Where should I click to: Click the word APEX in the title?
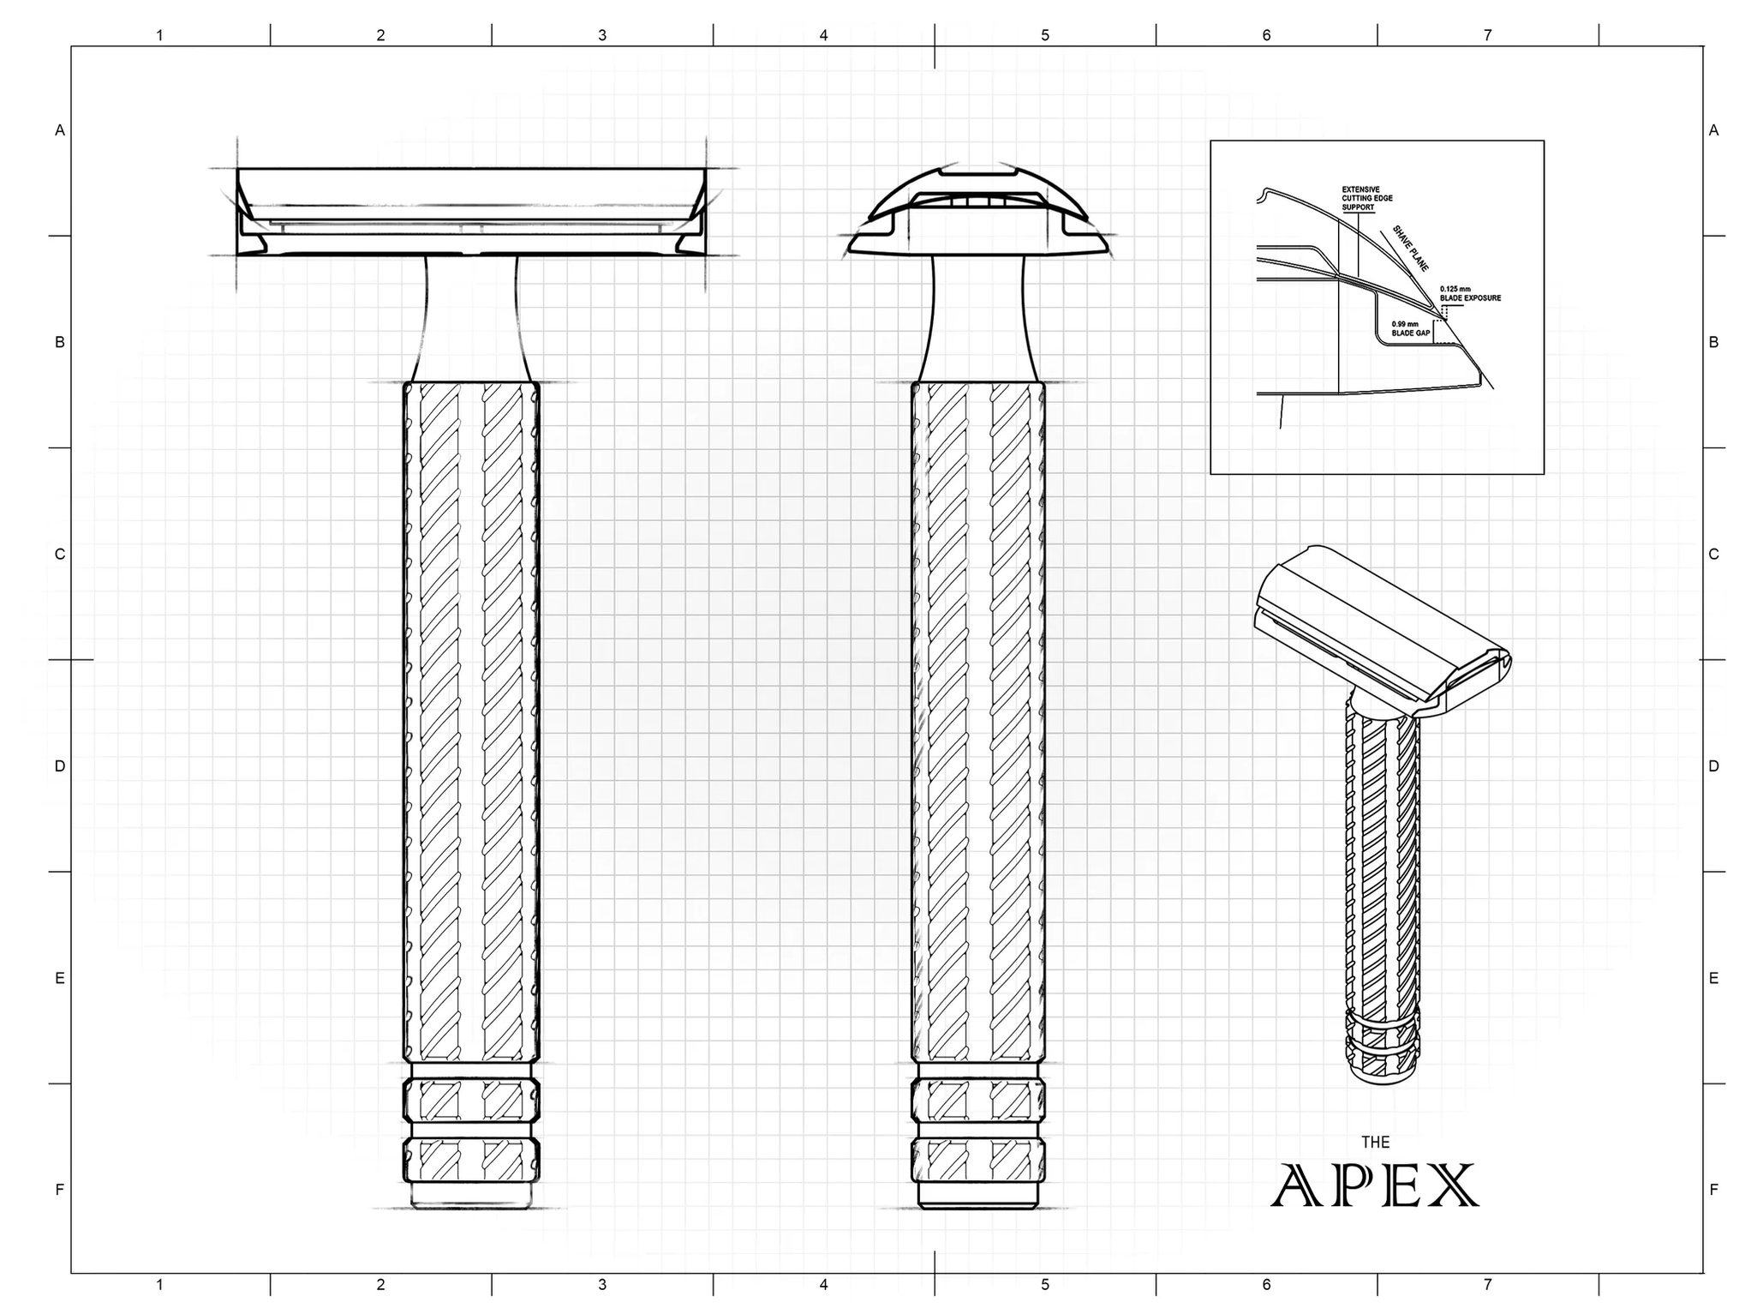pyautogui.click(x=1375, y=1185)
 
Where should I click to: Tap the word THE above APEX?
pyautogui.click(x=1375, y=1142)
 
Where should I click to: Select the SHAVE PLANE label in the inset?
pyautogui.click(x=1410, y=249)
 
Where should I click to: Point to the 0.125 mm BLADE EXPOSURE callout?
pyautogui.click(x=1470, y=293)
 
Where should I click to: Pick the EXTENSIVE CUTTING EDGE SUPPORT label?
pyautogui.click(x=1367, y=198)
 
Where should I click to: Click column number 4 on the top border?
pyautogui.click(x=823, y=35)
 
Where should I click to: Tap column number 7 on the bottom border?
pyautogui.click(x=1488, y=1284)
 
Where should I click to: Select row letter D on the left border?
pyautogui.click(x=60, y=765)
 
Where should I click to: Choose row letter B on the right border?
pyautogui.click(x=1713, y=342)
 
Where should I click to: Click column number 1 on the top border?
pyautogui.click(x=159, y=35)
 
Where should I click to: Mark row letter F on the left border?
pyautogui.click(x=60, y=1189)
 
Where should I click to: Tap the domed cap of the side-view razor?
pyautogui.click(x=977, y=210)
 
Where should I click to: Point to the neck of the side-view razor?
pyautogui.click(x=977, y=317)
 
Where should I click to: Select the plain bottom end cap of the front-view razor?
pyautogui.click(x=471, y=1195)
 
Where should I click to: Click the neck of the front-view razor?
pyautogui.click(x=471, y=317)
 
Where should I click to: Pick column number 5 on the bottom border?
pyautogui.click(x=1045, y=1284)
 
